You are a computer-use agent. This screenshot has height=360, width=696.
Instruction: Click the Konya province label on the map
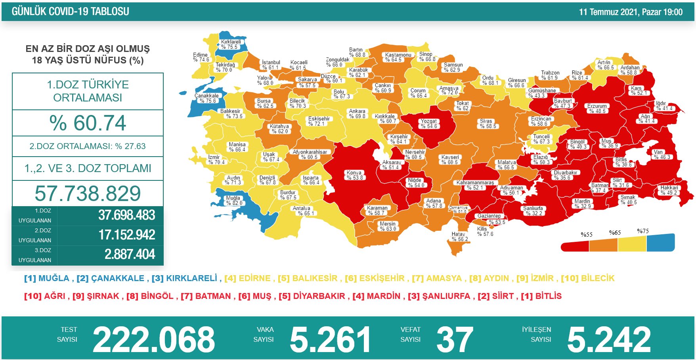click(x=354, y=175)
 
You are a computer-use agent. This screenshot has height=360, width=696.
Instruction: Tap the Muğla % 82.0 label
click(x=234, y=201)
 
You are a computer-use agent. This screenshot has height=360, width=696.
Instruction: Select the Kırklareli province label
click(x=231, y=44)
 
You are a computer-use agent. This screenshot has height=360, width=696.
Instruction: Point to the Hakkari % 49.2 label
click(x=669, y=190)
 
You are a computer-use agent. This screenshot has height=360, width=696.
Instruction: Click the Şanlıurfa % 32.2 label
click(x=533, y=211)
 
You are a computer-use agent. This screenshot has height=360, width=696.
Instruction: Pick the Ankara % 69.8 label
click(x=357, y=114)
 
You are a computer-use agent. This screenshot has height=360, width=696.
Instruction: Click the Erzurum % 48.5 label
click(x=597, y=109)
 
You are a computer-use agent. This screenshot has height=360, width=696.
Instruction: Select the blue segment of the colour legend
click(x=660, y=243)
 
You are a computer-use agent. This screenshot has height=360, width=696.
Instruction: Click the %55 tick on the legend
click(x=587, y=235)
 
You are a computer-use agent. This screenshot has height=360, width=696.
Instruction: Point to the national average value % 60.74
click(x=88, y=123)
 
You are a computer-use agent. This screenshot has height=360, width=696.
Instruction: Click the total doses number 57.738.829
click(x=88, y=193)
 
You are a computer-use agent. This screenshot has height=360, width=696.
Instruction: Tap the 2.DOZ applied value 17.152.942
click(x=127, y=235)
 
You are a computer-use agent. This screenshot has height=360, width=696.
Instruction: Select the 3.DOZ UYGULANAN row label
click(x=35, y=255)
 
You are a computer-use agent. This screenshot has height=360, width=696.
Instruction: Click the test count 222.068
click(x=154, y=339)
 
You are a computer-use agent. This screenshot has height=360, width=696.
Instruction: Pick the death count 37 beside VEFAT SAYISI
click(x=455, y=339)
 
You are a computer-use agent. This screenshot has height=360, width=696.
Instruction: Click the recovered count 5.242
click(x=609, y=339)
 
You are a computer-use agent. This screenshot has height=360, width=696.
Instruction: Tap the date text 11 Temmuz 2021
click(x=608, y=12)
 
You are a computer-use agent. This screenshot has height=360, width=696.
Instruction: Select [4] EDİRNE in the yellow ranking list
click(x=248, y=278)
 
